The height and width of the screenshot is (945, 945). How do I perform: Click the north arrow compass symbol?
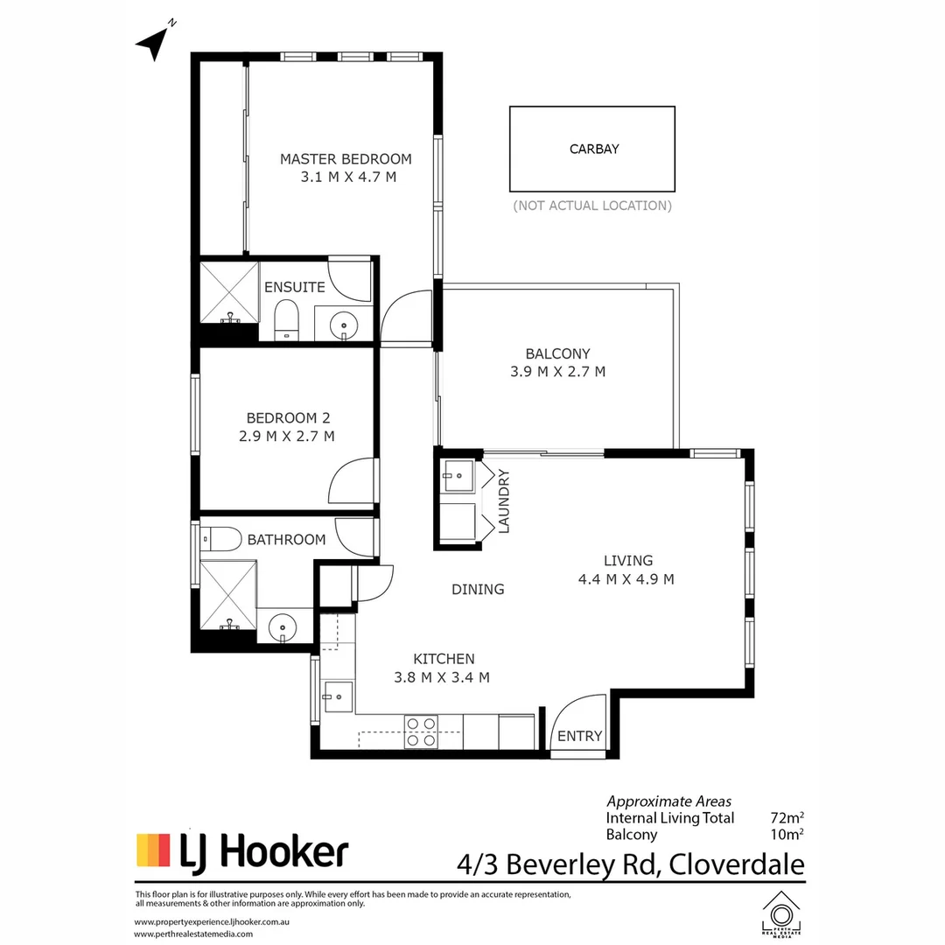pos(154,43)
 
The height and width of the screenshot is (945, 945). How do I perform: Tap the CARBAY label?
pos(594,149)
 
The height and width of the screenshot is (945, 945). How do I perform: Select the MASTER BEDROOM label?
pos(346,158)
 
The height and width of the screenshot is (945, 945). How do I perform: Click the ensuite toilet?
pos(286,318)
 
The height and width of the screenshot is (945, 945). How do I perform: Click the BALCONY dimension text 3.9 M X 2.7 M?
pos(557,371)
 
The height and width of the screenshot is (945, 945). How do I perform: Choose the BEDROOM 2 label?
pos(288,418)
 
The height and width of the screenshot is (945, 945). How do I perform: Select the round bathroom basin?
pos(283,627)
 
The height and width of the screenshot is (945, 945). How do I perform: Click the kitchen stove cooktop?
pos(421,731)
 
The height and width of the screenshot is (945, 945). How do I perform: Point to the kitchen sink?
pos(337,696)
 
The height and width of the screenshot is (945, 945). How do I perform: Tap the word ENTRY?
pos(580,736)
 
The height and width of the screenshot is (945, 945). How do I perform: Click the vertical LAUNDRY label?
pos(503,501)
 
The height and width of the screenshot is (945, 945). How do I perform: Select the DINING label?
pos(478,589)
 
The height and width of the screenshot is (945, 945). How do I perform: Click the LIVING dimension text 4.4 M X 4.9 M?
pos(626,578)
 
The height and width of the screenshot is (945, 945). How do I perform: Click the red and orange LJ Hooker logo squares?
pos(153,850)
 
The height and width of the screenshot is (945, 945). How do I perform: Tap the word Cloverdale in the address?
pos(737,865)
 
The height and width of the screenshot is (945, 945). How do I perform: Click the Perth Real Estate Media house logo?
pos(780,914)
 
